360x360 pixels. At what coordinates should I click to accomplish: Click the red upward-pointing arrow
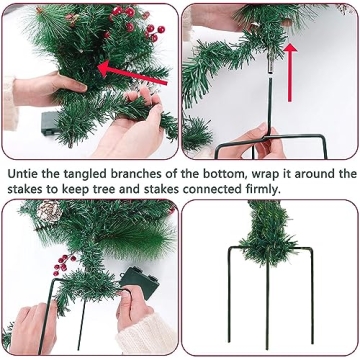pyautogui.click(x=291, y=70)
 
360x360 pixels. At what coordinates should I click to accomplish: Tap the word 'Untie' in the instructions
pyautogui.click(x=22, y=173)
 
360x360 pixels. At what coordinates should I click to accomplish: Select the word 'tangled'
pyautogui.click(x=82, y=173)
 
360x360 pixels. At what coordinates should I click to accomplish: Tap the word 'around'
pyautogui.click(x=319, y=173)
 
